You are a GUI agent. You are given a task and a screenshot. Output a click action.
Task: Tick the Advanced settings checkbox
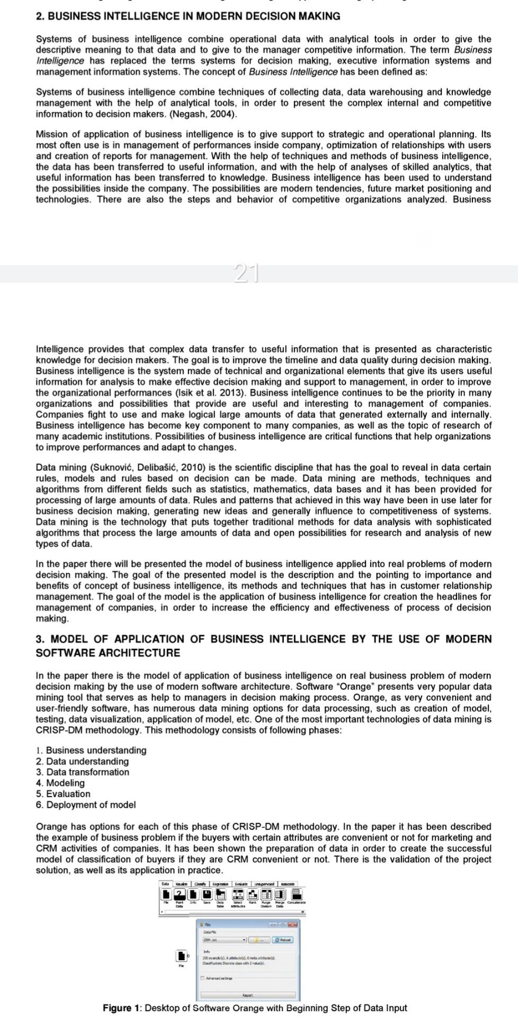(202, 978)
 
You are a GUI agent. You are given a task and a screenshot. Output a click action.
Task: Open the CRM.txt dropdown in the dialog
(244, 940)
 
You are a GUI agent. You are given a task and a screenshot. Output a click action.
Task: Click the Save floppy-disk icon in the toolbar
(207, 895)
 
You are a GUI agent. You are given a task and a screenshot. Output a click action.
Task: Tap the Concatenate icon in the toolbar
(297, 895)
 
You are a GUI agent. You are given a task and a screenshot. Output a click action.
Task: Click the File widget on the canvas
(181, 956)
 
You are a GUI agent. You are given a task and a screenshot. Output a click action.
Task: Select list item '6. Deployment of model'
(86, 805)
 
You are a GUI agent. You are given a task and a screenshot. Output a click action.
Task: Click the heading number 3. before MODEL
(40, 639)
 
